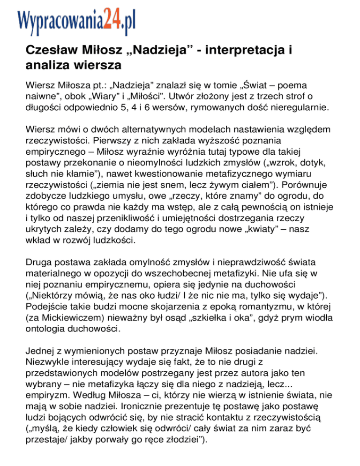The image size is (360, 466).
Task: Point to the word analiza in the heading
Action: pos(45,63)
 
